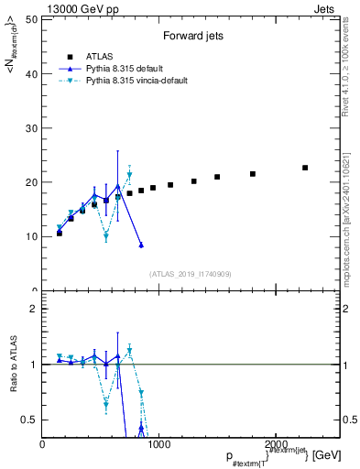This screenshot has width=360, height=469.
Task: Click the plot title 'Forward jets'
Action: (190, 38)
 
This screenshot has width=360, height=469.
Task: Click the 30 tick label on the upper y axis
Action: (31, 128)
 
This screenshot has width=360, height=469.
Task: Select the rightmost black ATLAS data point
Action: (305, 168)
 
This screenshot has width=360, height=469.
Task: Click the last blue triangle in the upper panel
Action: (141, 245)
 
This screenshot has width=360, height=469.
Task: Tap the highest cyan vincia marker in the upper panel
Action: (129, 175)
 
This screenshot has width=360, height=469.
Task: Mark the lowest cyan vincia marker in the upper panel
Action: (106, 236)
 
